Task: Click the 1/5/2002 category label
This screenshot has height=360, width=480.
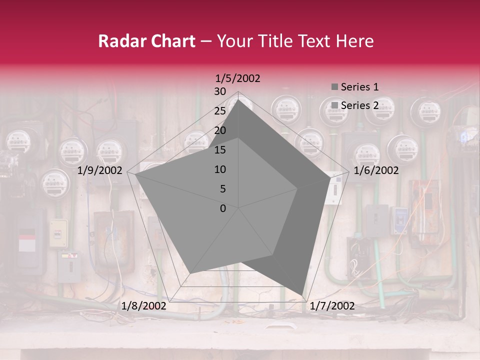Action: pos(238,78)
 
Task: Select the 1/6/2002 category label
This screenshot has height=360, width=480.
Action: pos(376,170)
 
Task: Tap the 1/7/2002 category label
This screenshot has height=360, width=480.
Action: pos(332,306)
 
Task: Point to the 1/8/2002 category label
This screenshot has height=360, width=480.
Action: pos(144,306)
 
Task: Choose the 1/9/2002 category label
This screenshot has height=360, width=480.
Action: pos(100,170)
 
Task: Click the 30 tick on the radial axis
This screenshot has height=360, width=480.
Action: pos(220,91)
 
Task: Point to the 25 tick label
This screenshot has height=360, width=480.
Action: pos(220,111)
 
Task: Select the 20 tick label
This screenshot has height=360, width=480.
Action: pos(220,130)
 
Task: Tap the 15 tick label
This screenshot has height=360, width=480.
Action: pos(220,150)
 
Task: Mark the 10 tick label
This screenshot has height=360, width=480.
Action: pos(220,169)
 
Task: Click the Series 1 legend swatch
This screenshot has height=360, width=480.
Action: pos(334,87)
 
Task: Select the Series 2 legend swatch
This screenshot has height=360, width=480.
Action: pos(334,105)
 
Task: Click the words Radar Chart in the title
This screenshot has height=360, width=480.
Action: pos(146,41)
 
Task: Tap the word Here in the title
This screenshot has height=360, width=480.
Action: pos(354,41)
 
